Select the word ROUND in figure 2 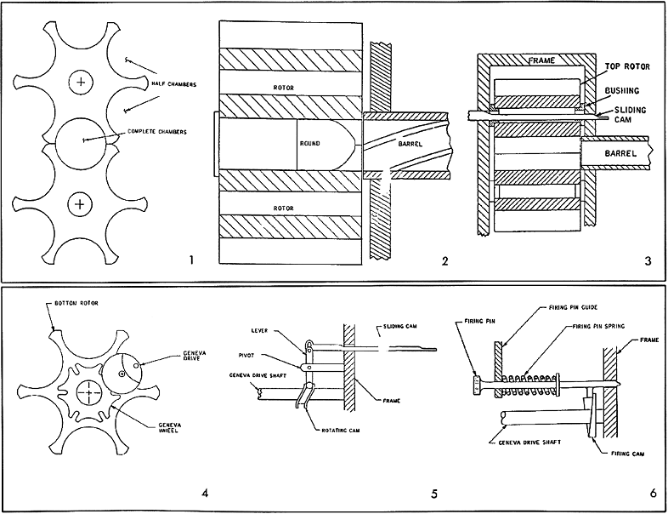tap(310, 144)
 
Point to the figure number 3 tap(647, 261)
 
